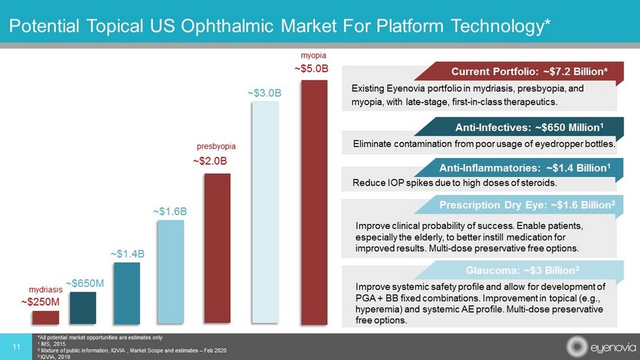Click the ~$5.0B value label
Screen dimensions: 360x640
coord(312,69)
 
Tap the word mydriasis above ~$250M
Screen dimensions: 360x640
coord(44,289)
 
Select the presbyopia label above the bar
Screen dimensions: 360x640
coord(217,146)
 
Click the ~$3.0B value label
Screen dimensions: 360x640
coord(264,93)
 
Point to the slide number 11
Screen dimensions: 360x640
coord(16,346)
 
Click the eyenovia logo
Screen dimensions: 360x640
coord(594,346)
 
